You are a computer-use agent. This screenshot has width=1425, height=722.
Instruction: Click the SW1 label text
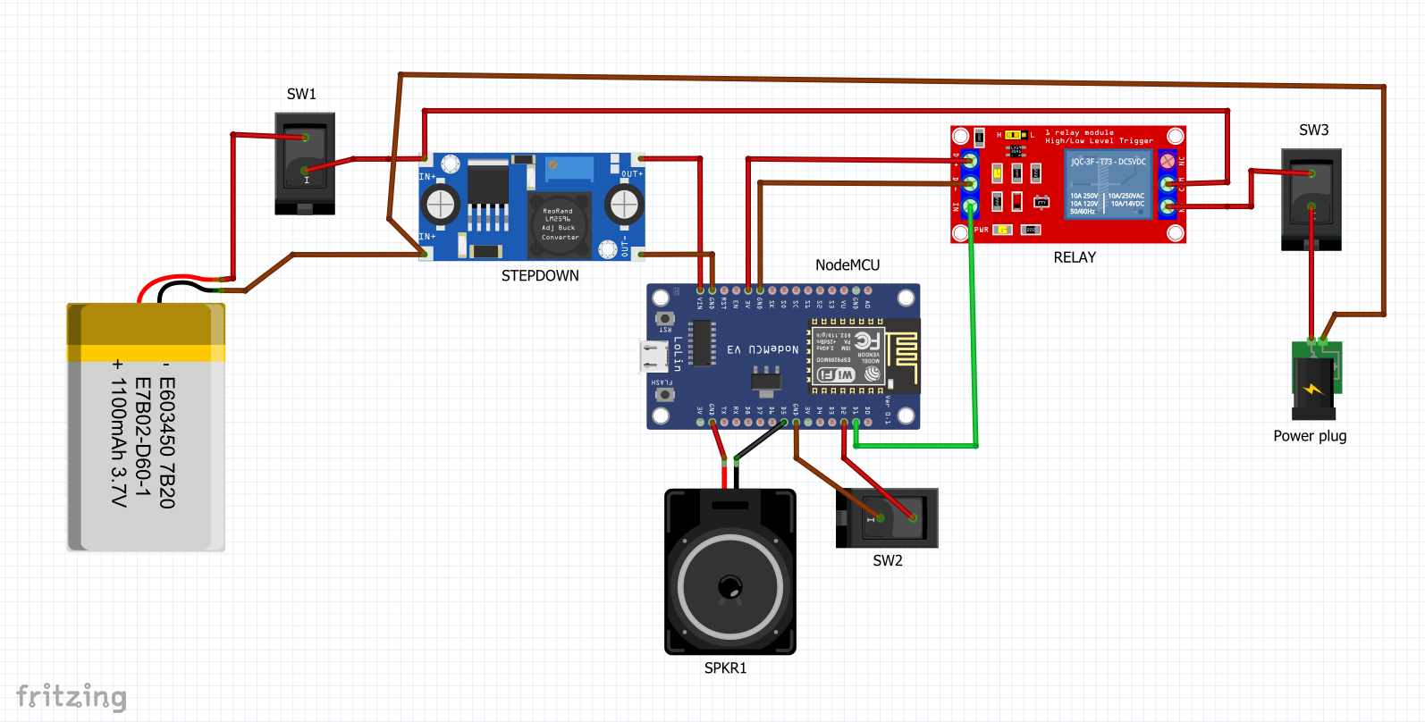(x=301, y=94)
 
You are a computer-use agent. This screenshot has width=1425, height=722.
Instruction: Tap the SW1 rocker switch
(x=305, y=162)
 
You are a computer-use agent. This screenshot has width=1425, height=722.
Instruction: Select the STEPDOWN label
(x=540, y=276)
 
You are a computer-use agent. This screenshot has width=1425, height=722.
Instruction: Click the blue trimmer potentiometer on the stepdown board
(x=569, y=167)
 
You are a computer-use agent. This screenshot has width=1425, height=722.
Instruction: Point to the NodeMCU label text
(x=847, y=265)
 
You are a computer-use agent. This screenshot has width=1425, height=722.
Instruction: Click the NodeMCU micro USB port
(x=653, y=356)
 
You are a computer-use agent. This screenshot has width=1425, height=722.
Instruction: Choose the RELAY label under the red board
(x=1075, y=257)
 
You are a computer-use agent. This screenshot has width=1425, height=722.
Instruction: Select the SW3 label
(x=1313, y=130)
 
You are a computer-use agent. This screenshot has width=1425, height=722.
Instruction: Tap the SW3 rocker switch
(x=1311, y=198)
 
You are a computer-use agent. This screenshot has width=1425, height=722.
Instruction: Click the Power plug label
(x=1310, y=436)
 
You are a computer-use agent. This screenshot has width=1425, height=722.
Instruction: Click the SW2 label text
(x=888, y=561)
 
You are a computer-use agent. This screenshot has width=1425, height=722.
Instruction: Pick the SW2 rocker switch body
(x=888, y=517)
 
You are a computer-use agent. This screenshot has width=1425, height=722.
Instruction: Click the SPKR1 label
(x=725, y=668)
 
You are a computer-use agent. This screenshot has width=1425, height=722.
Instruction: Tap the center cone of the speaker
(x=730, y=587)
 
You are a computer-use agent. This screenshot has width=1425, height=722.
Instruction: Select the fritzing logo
(x=72, y=696)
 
